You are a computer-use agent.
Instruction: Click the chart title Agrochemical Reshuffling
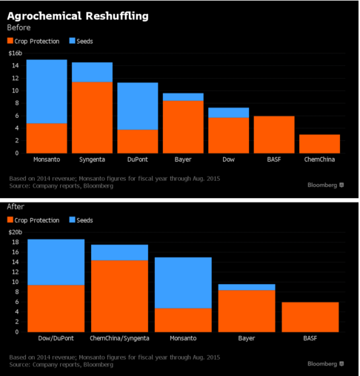[78, 16]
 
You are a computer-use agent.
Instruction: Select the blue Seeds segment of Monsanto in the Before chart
[47, 91]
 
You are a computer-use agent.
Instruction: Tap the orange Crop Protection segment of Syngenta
[92, 118]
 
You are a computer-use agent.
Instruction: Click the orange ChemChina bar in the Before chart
[319, 144]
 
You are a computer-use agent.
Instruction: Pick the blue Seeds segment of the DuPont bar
[138, 106]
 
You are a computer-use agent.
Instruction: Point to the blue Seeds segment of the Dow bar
[229, 113]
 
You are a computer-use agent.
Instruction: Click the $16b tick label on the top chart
[16, 53]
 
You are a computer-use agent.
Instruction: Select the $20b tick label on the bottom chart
[16, 232]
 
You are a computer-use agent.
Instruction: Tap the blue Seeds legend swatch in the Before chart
[72, 41]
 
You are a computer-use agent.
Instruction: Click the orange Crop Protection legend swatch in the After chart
[10, 220]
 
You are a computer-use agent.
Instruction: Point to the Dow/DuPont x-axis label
[56, 338]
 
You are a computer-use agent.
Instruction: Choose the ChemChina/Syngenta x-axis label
[119, 338]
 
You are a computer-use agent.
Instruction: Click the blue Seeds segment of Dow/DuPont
[56, 263]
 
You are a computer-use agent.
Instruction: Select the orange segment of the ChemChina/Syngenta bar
[119, 296]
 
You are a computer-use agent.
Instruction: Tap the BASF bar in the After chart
[310, 317]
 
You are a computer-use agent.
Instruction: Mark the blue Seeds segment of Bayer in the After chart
[247, 287]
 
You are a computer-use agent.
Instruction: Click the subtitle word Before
[19, 27]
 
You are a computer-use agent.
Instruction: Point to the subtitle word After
[16, 206]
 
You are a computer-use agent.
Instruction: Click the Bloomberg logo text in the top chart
[322, 185]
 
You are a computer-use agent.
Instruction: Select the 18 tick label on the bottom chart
[16, 242]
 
